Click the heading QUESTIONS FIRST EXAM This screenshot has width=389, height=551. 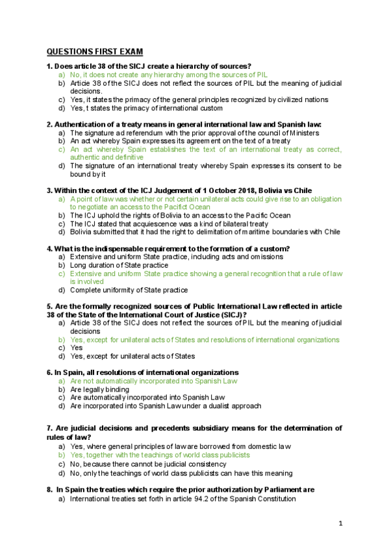(95, 52)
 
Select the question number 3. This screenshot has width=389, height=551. (49, 190)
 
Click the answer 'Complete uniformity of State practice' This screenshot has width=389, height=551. (129, 290)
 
